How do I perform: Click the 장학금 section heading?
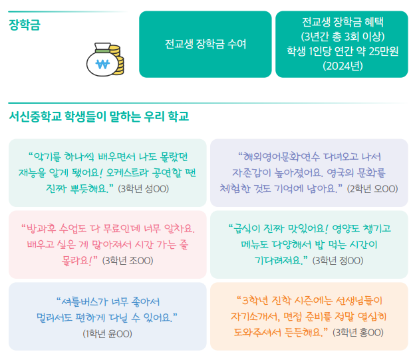[x=25, y=26]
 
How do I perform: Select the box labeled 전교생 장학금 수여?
[x=205, y=45]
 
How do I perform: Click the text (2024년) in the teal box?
[x=342, y=66]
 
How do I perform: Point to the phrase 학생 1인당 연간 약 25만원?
[x=342, y=51]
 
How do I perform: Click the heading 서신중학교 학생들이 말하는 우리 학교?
[x=99, y=116]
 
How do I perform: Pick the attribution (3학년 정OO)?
[x=337, y=260]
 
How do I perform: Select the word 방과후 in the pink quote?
[x=44, y=228]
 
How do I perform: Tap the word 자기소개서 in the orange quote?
[x=253, y=315]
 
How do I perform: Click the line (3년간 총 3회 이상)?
[x=342, y=37]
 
